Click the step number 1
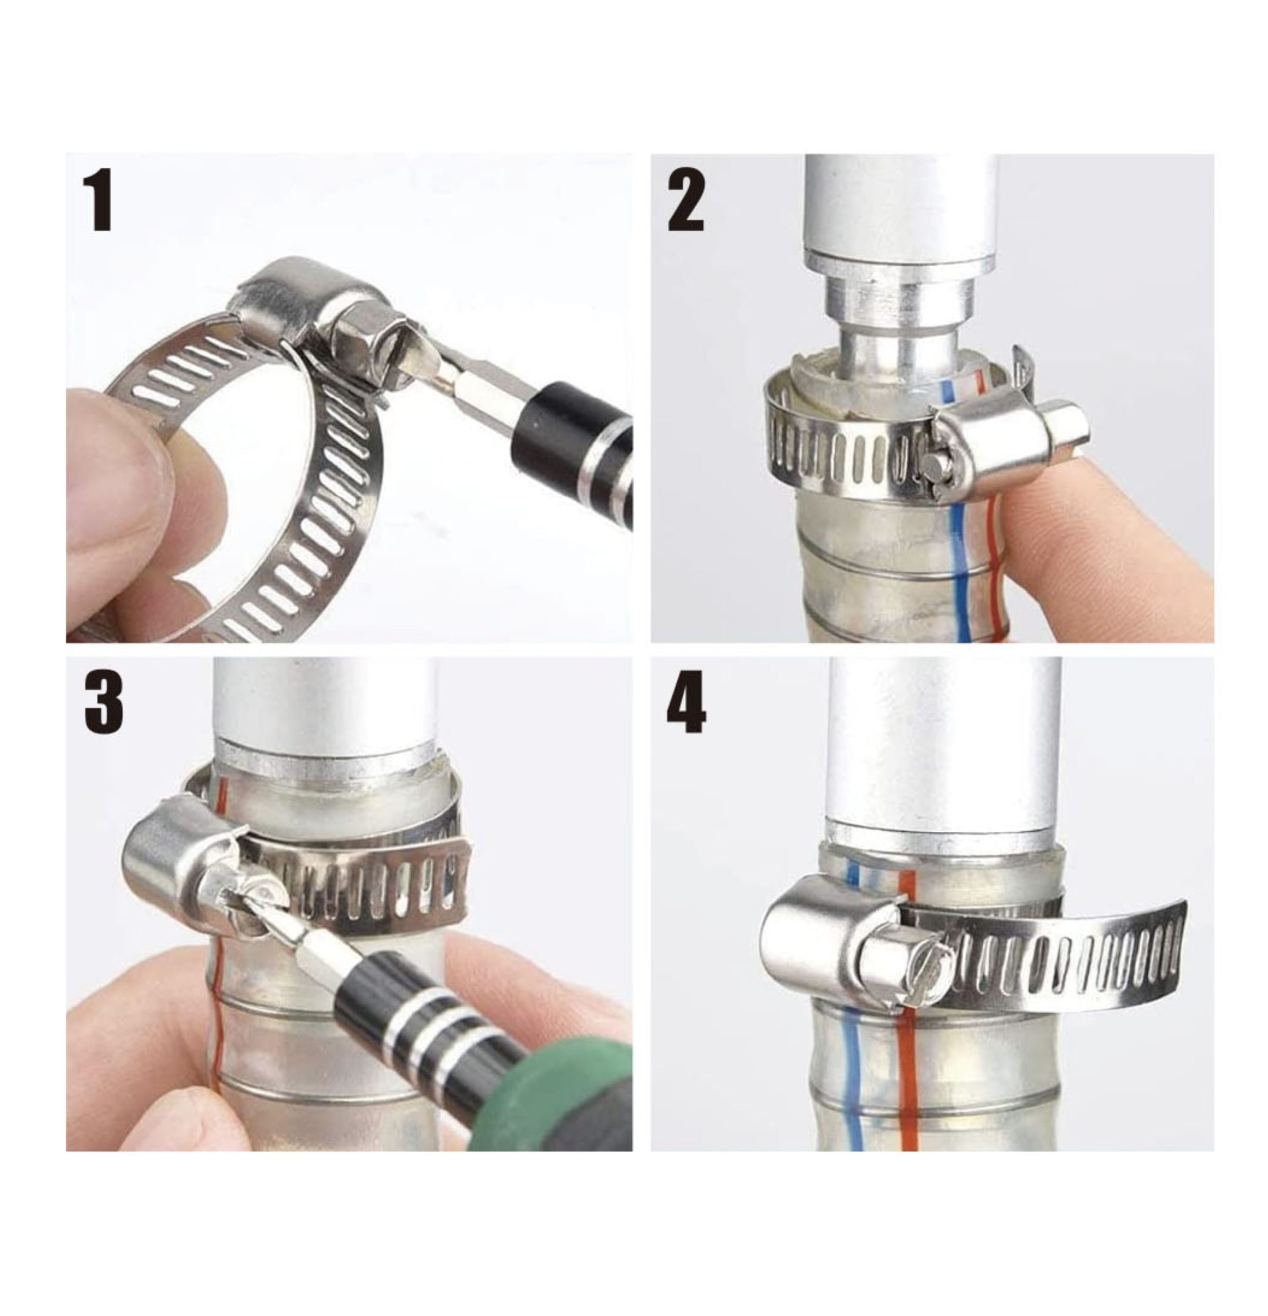pos(99,200)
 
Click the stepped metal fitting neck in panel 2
pos(893,322)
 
